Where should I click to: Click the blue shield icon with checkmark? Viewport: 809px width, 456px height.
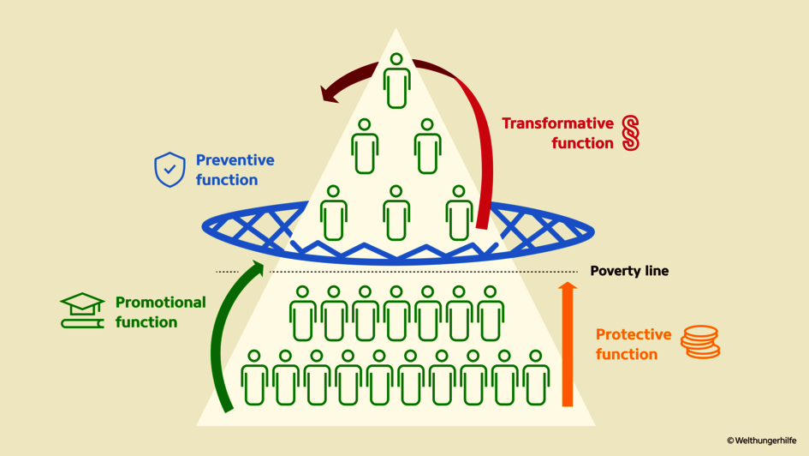pyautogui.click(x=170, y=170)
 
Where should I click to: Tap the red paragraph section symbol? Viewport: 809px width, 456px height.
pyautogui.click(x=631, y=133)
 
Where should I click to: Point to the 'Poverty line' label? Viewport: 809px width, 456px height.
pyautogui.click(x=629, y=271)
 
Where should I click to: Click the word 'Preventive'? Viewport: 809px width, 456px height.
pyautogui.click(x=235, y=160)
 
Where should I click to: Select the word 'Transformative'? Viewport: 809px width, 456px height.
pyautogui.click(x=557, y=123)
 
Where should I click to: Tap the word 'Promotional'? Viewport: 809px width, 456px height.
pyautogui.click(x=160, y=303)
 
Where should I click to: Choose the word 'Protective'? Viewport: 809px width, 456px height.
pyautogui.click(x=633, y=334)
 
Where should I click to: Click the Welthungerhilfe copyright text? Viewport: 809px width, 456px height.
pyautogui.click(x=761, y=441)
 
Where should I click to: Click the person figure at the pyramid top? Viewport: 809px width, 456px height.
pyautogui.click(x=396, y=81)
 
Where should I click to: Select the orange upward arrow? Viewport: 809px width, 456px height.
pyautogui.click(x=567, y=343)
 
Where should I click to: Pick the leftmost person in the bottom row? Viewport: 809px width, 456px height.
pyautogui.click(x=254, y=377)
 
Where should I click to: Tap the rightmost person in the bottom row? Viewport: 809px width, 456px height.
pyautogui.click(x=537, y=377)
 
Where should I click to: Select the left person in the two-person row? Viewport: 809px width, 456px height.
pyautogui.click(x=365, y=147)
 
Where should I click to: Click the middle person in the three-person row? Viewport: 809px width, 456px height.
pyautogui.click(x=396, y=213)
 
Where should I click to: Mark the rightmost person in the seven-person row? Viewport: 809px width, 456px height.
pyautogui.click(x=491, y=314)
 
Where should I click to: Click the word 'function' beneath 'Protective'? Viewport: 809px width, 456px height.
pyautogui.click(x=627, y=354)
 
